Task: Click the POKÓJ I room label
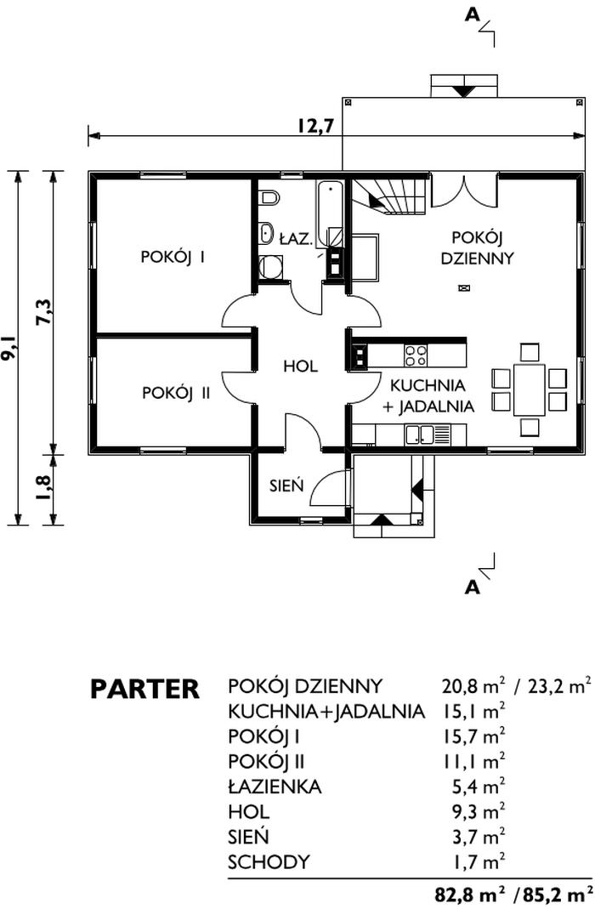click(173, 257)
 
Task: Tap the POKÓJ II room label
click(176, 393)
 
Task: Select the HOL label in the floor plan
click(300, 366)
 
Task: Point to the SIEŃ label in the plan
click(286, 485)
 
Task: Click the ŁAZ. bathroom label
click(296, 239)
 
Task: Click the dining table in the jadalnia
click(529, 389)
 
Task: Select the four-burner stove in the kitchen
click(416, 355)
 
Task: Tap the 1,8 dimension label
click(44, 490)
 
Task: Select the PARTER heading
click(144, 689)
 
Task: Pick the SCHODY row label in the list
click(269, 862)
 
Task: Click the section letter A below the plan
click(473, 588)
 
